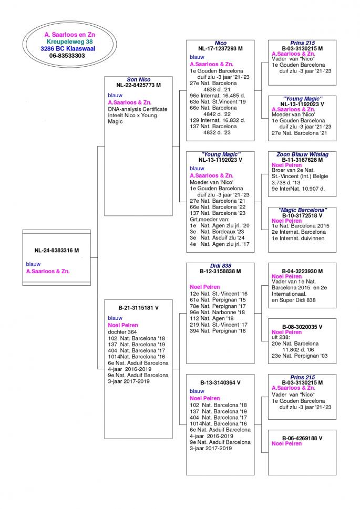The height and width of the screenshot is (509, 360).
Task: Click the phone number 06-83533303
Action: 67,56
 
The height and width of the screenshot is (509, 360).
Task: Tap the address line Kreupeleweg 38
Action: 69,41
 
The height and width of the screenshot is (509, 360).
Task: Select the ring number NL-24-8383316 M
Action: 57,250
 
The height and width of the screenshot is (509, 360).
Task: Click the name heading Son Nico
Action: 138,79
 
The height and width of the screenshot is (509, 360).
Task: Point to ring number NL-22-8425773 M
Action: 138,85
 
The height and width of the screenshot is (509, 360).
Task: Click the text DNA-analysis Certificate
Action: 138,109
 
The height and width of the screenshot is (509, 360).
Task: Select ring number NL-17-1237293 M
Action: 220,48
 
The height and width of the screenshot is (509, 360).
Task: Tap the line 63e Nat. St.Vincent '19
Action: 218,101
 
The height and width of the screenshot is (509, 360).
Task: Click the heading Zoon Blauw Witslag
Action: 302,154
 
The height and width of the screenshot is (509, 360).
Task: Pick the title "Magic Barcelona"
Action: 302,210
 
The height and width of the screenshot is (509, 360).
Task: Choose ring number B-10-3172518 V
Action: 302,215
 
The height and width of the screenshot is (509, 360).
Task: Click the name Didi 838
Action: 220,266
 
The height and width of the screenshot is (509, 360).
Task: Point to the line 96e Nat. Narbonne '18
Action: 218,313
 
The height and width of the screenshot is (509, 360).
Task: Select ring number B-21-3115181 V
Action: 138,308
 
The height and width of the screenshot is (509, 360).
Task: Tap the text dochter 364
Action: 122,332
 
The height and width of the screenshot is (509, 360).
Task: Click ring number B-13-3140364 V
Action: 220,383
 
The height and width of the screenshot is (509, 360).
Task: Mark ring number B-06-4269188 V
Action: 302,438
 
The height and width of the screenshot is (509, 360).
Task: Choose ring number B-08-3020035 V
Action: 302,327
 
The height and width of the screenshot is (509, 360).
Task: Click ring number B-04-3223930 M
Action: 302,272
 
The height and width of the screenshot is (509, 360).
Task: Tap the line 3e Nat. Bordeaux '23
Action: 217,232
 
